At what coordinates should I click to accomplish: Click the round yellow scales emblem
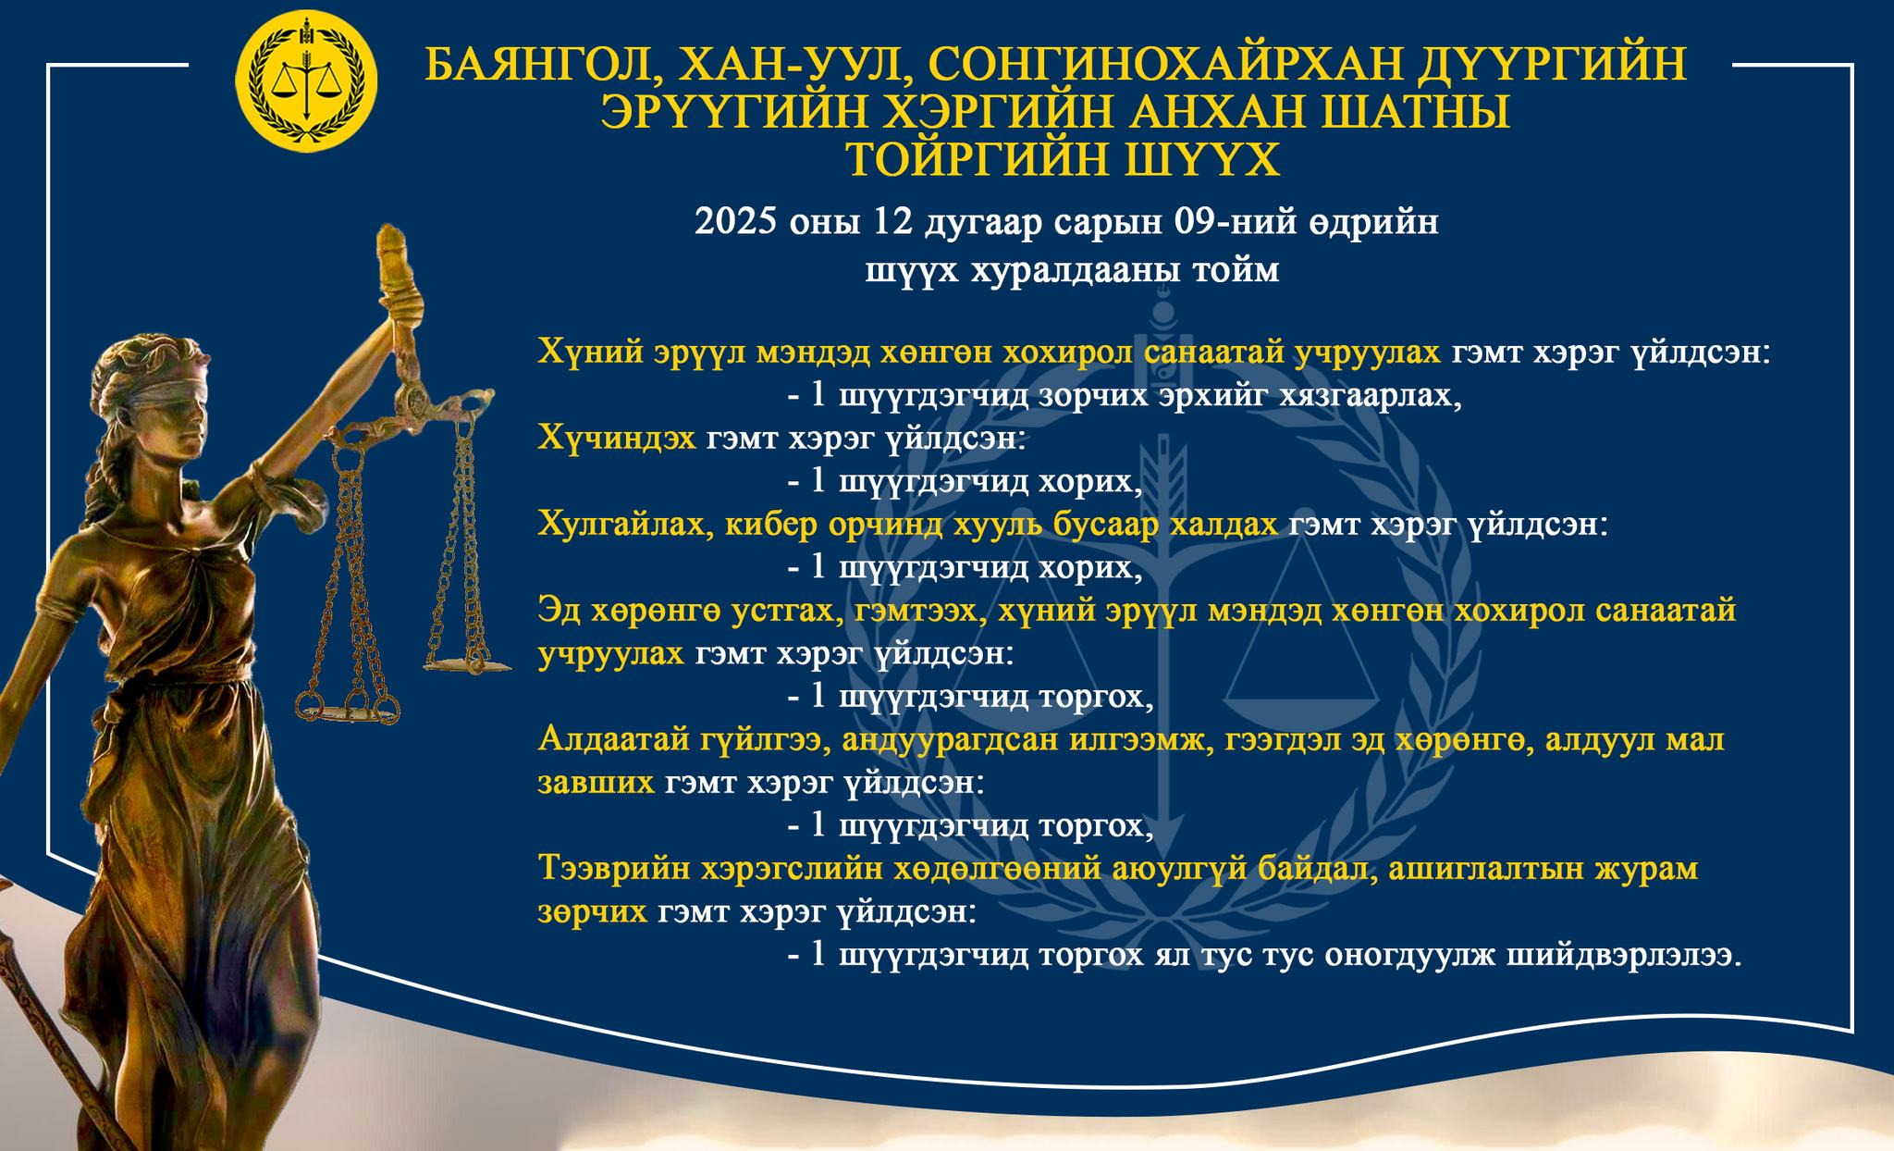tap(306, 81)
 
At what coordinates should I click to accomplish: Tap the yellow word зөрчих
tap(592, 913)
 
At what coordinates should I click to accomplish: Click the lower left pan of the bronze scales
tap(348, 709)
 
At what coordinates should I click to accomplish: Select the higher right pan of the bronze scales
tap(467, 662)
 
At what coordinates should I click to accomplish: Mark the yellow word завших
tap(596, 784)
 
